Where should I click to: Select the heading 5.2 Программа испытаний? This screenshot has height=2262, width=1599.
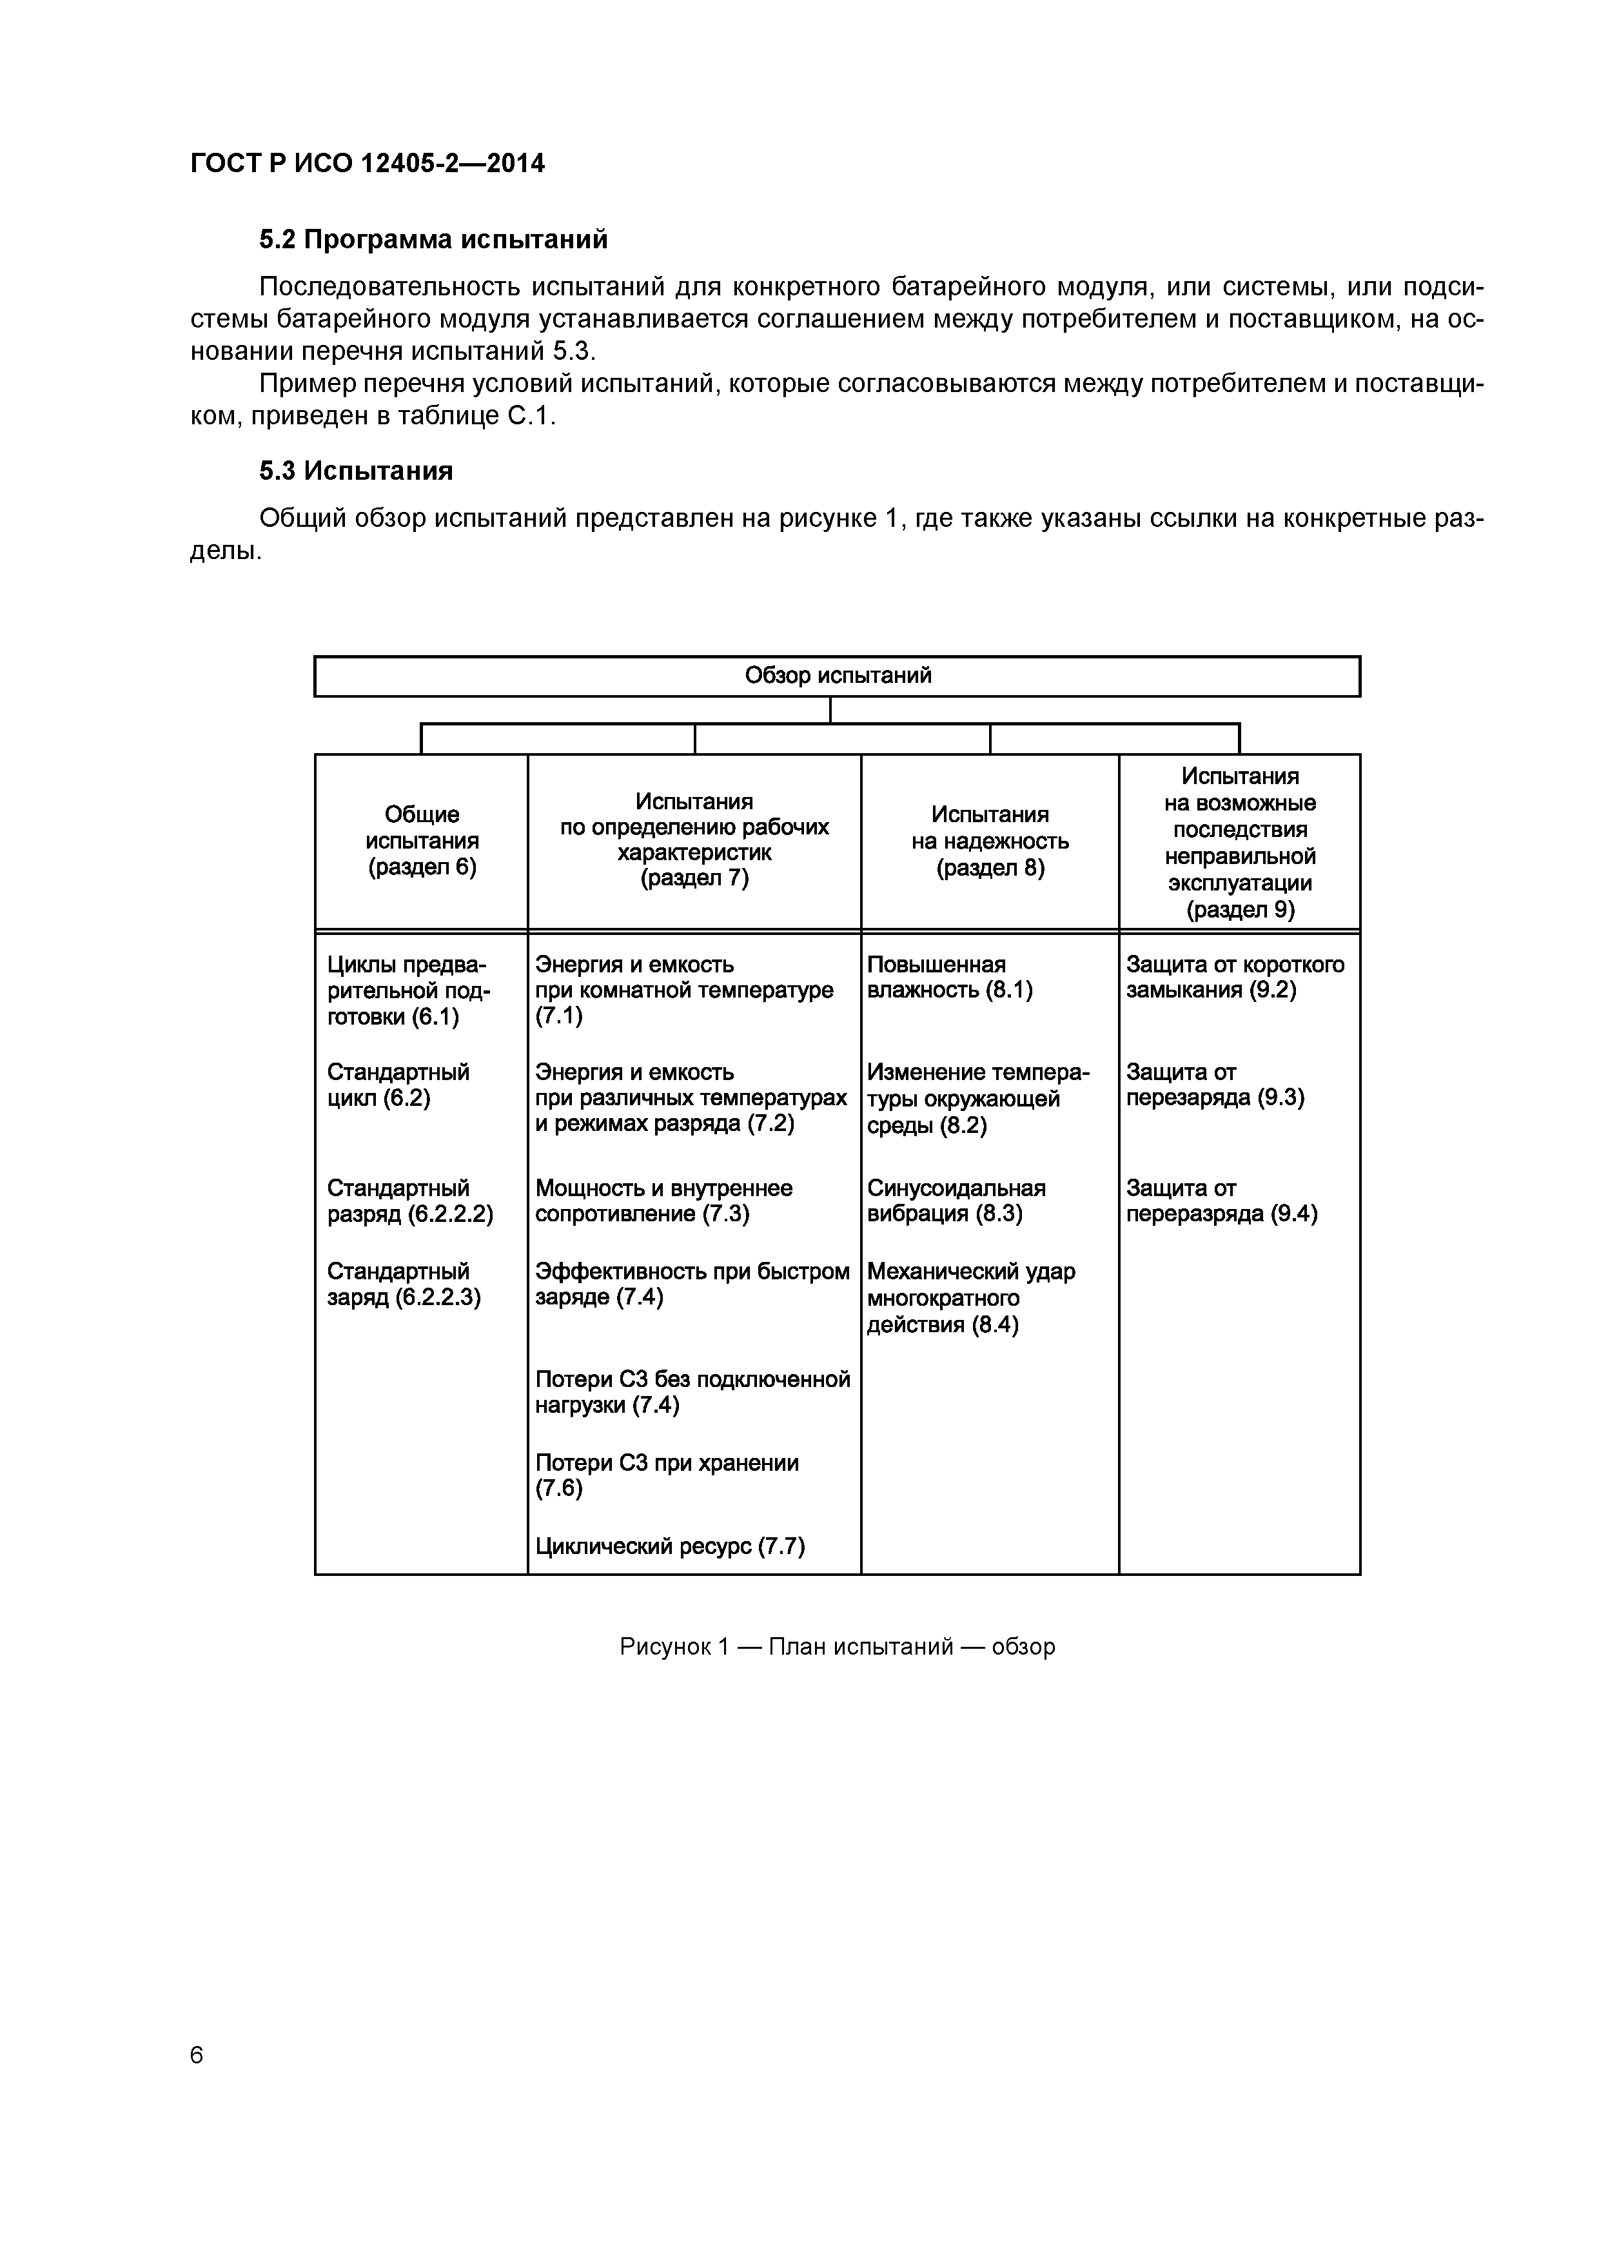point(433,239)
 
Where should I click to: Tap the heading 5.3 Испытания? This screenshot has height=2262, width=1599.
point(356,471)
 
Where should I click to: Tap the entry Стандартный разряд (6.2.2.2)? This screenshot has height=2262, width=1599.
point(410,1200)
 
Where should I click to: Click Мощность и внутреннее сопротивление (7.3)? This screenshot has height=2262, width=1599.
point(663,1200)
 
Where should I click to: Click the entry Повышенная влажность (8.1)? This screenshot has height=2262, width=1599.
point(950,978)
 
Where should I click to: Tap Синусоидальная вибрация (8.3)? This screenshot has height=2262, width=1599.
point(956,1200)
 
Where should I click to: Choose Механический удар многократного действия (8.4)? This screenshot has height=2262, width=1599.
point(970,1297)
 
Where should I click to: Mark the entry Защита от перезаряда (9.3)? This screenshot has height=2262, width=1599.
point(1215,1085)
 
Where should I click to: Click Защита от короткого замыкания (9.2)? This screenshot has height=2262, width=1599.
point(1235,978)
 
